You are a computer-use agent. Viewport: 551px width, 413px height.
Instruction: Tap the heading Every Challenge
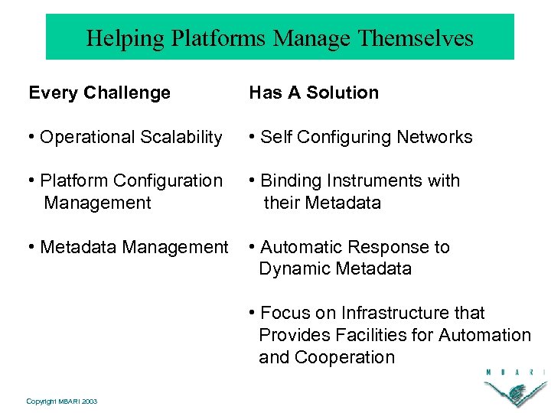pyautogui.click(x=99, y=93)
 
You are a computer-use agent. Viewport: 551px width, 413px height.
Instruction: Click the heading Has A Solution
pyautogui.click(x=314, y=93)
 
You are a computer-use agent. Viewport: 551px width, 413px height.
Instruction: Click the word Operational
pyautogui.click(x=82, y=138)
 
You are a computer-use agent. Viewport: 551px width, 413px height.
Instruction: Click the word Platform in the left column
pyautogui.click(x=73, y=181)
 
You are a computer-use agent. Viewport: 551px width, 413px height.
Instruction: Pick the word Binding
pyautogui.click(x=289, y=181)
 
